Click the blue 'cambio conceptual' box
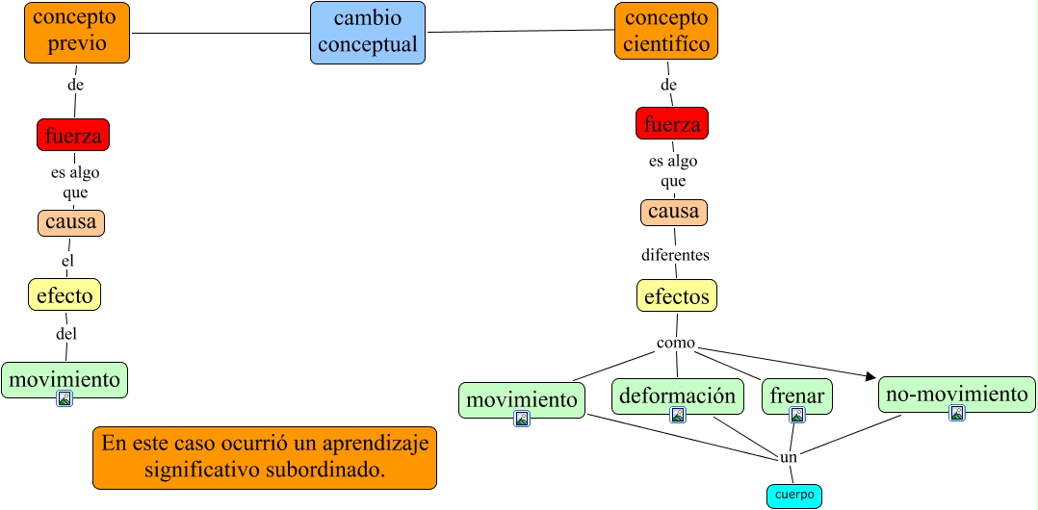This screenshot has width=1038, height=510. (x=368, y=33)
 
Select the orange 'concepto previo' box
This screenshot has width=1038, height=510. (x=77, y=33)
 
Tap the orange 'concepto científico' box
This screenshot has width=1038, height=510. (x=666, y=31)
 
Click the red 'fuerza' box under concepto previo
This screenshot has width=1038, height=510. (x=73, y=136)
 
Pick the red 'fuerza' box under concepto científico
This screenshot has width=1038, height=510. (x=672, y=123)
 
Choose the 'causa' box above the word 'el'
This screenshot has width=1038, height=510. (x=71, y=223)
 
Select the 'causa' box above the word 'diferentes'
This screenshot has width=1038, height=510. (x=674, y=212)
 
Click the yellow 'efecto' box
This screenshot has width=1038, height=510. (x=65, y=294)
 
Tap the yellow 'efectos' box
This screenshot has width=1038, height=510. (x=677, y=295)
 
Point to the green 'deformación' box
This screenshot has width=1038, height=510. (x=678, y=395)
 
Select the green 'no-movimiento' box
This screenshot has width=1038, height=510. (x=957, y=394)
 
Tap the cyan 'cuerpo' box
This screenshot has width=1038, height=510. (x=794, y=496)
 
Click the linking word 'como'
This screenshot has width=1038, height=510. (x=676, y=344)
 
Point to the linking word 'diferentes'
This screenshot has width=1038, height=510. (x=676, y=256)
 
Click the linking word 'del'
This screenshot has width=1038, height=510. (x=66, y=334)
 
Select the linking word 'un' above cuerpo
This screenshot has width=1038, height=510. (x=789, y=458)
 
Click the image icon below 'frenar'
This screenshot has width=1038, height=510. (x=797, y=416)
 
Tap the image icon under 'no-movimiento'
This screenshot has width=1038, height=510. (x=957, y=413)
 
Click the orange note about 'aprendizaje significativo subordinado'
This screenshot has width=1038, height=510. (x=265, y=457)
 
